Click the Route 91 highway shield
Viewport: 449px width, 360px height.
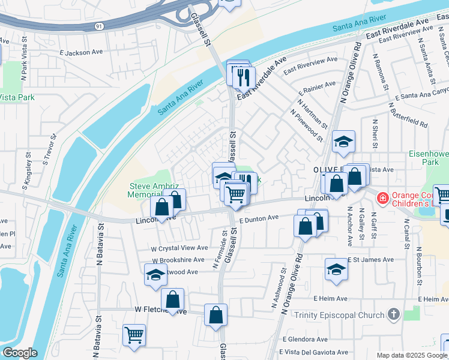tap(98, 26)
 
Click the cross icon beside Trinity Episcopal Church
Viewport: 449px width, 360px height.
tap(393, 314)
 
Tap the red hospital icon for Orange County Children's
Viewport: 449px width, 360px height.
tap(381, 197)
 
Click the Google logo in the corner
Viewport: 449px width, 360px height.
tap(20, 353)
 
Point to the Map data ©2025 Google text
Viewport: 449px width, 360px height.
tap(412, 355)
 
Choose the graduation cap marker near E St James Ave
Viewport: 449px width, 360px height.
tap(336, 270)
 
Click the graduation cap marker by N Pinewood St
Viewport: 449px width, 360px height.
tap(343, 142)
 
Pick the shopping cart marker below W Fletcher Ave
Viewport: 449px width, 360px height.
tap(134, 335)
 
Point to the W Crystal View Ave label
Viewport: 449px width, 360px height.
tap(179, 248)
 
